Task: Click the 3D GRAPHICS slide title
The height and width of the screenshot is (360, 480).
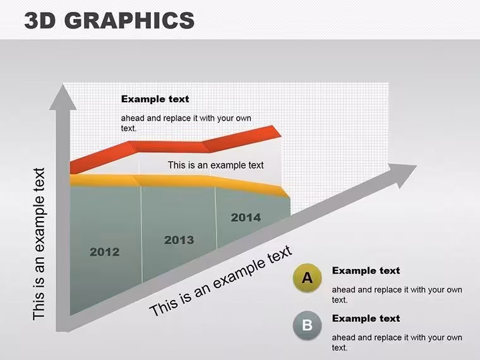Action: click(x=109, y=20)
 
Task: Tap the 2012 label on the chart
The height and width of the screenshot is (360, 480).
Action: click(x=105, y=252)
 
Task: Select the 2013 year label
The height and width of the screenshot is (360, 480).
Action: click(x=179, y=240)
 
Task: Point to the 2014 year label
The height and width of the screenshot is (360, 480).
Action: click(x=246, y=217)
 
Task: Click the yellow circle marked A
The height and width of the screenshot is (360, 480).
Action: click(x=307, y=278)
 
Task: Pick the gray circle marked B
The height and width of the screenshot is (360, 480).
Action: click(x=307, y=325)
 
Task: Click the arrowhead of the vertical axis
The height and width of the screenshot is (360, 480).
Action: click(x=63, y=97)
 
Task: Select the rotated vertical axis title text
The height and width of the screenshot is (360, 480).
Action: click(x=39, y=244)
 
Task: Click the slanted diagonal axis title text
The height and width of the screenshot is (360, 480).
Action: click(x=221, y=280)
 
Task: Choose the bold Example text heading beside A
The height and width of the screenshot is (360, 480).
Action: click(x=366, y=270)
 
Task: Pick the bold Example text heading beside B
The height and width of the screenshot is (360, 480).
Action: click(x=366, y=318)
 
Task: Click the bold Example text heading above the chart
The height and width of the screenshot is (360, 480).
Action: click(x=155, y=99)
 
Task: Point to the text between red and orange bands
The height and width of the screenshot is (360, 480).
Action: click(x=215, y=165)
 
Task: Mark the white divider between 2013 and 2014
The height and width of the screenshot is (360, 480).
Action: click(x=216, y=218)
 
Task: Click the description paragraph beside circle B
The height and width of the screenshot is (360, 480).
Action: click(x=397, y=342)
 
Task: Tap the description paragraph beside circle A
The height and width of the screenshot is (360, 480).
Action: click(x=397, y=294)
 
